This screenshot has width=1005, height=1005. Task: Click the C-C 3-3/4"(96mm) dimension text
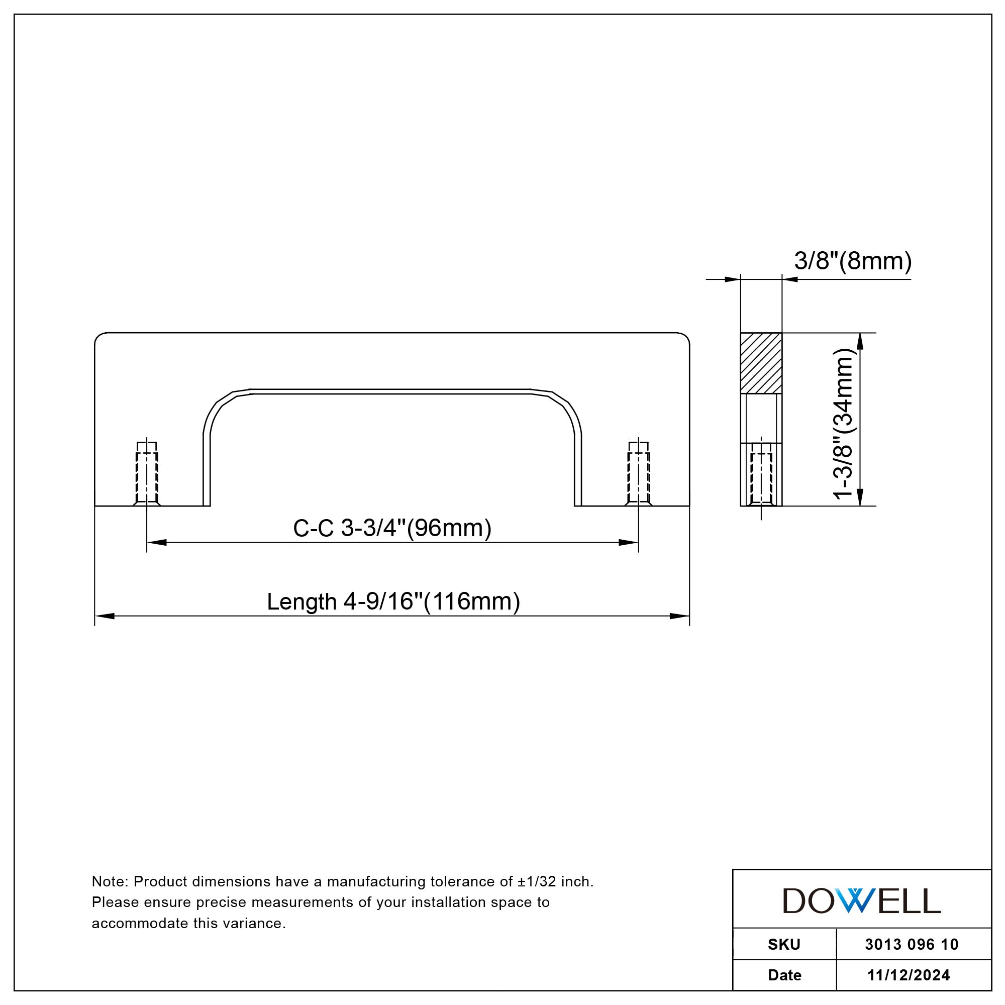coord(392,528)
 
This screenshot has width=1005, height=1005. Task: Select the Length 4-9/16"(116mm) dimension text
coord(393,601)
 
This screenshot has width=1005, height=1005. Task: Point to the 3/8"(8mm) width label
coord(853,261)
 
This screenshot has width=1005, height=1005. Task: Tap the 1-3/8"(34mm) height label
coord(844,424)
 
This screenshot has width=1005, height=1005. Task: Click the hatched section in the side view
coord(761,363)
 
